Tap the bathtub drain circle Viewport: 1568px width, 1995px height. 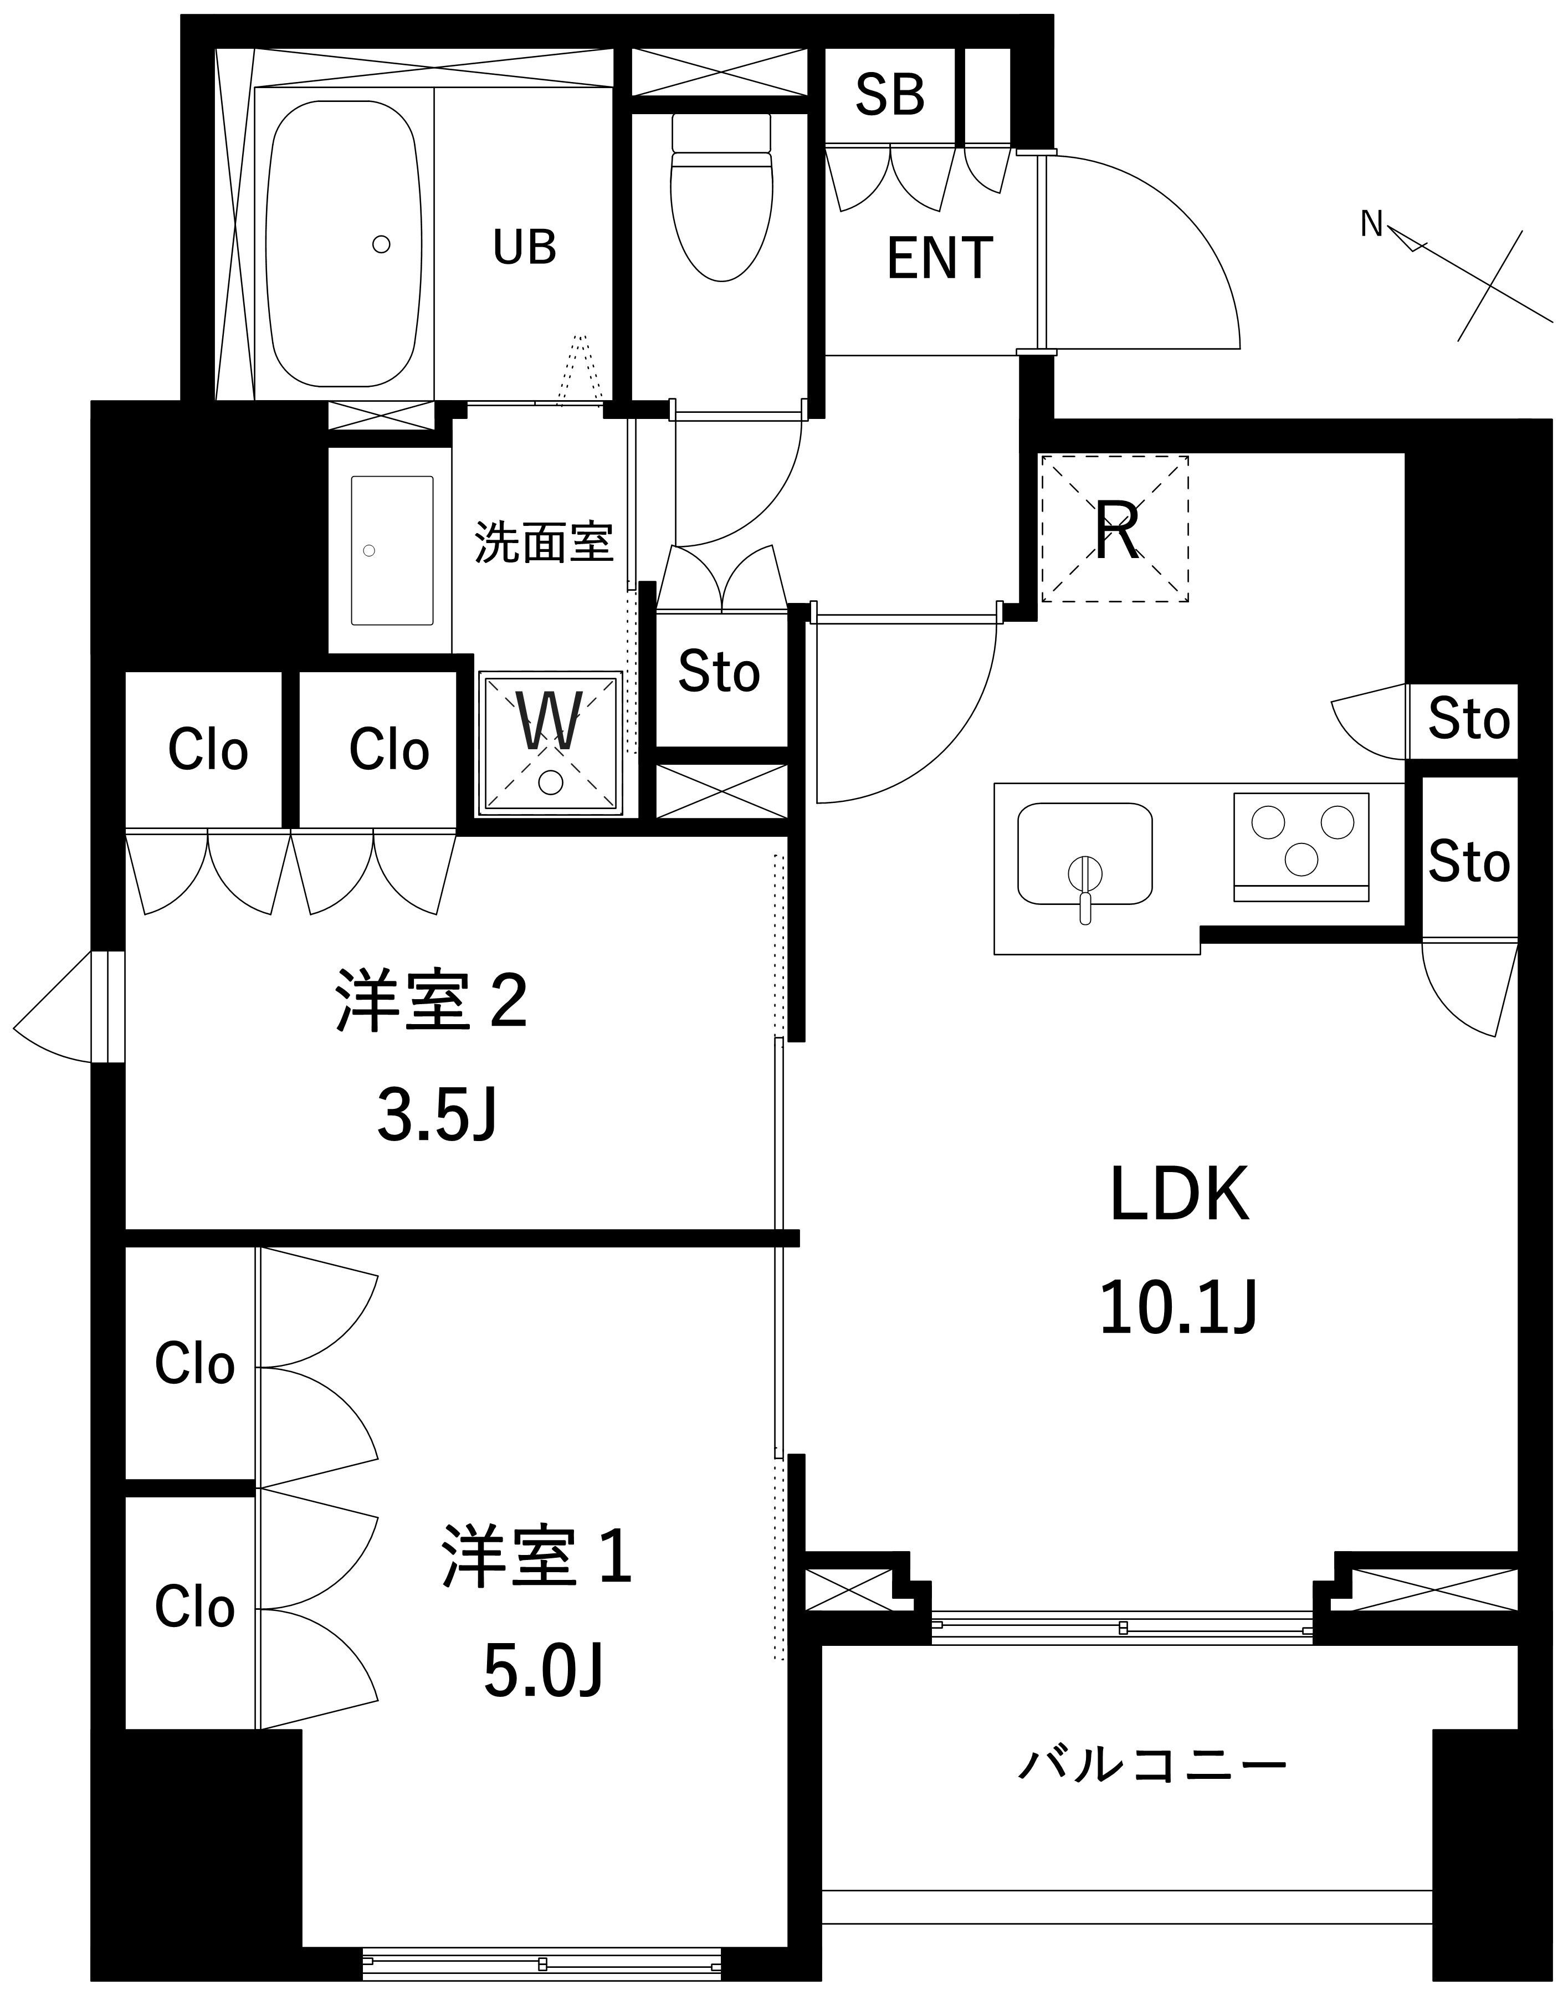click(382, 244)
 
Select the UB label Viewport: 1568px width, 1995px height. click(524, 247)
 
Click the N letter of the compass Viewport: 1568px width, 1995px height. click(1371, 223)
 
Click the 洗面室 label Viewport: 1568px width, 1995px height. click(544, 541)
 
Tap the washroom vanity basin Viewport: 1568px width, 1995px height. click(392, 550)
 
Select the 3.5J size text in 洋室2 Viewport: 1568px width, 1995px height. click(437, 1117)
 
